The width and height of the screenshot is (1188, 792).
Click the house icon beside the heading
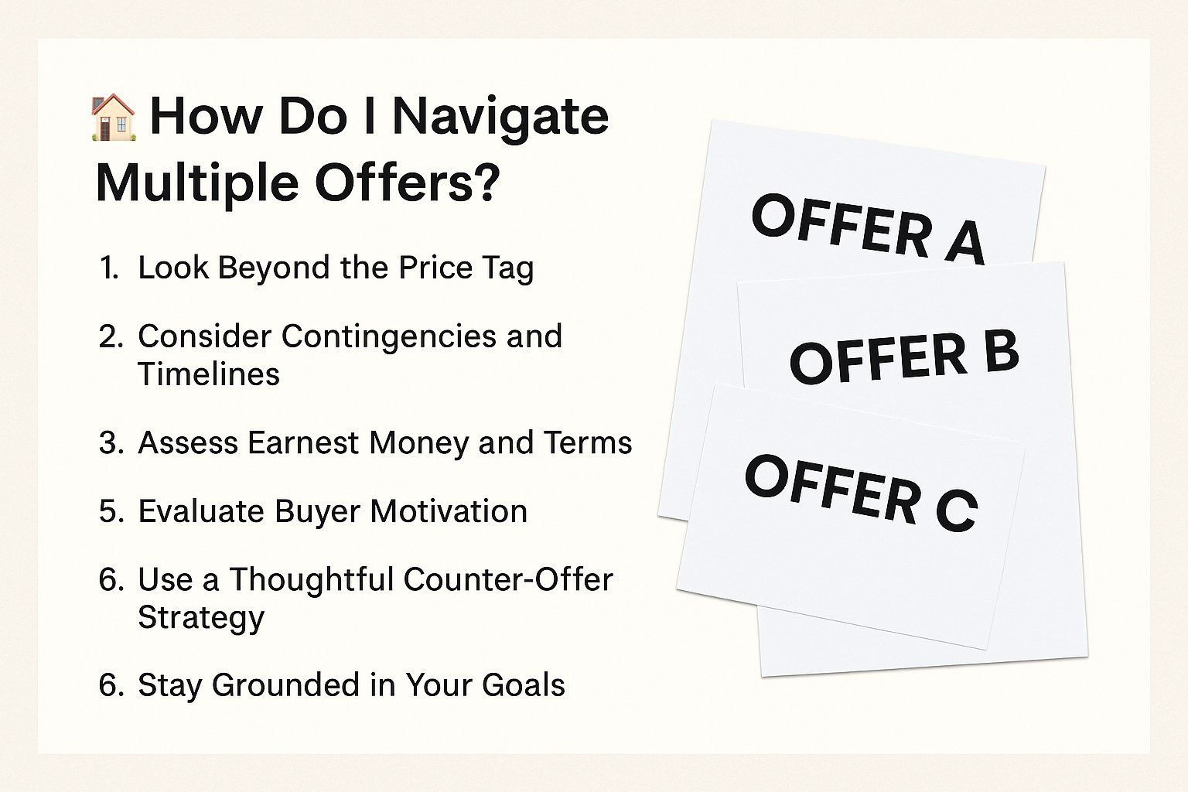point(114,118)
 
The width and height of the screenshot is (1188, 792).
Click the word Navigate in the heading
point(500,118)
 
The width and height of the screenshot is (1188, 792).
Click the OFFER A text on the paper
point(869,230)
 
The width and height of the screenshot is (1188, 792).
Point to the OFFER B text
point(904,357)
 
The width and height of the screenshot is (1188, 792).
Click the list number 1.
point(109,268)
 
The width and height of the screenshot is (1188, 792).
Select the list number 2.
point(111,336)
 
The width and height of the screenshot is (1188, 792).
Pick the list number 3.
point(111,443)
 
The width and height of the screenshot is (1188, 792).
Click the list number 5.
point(111,511)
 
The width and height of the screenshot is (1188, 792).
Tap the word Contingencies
point(389,338)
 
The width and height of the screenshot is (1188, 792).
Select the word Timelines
point(208,374)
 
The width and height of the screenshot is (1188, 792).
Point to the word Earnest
point(303,442)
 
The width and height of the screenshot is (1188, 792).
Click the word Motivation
point(449,510)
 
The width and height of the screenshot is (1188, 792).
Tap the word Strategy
point(201,619)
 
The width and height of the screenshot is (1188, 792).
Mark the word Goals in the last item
point(524,684)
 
